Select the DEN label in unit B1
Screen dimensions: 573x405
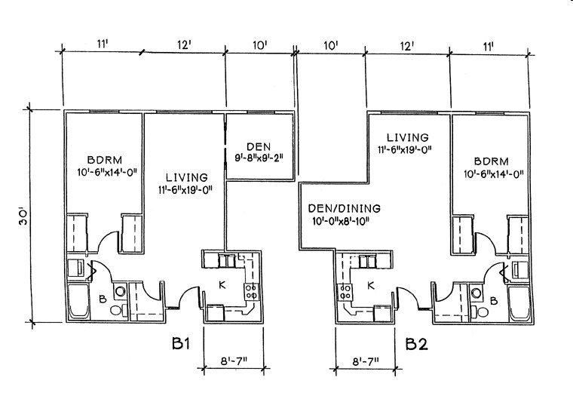click(259, 146)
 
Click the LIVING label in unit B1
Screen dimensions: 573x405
click(183, 176)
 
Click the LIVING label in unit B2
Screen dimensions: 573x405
click(408, 138)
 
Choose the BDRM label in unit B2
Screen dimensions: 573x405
click(492, 161)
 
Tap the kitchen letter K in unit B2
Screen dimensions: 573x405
click(370, 285)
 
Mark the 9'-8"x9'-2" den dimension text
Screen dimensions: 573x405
click(259, 158)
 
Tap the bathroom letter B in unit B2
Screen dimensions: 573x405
click(494, 300)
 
